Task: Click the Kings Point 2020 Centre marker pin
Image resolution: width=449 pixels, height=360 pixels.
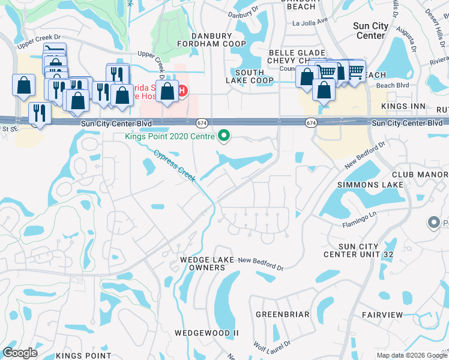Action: [x=224, y=136]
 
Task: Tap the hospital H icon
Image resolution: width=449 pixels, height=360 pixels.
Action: [x=183, y=91]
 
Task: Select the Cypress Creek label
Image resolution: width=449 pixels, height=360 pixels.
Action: [x=175, y=166]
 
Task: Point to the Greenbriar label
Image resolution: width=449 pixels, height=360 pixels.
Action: [x=283, y=314]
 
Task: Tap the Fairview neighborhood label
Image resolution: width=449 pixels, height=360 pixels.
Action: [x=382, y=314]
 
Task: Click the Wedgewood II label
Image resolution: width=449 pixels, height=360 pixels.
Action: [x=206, y=332]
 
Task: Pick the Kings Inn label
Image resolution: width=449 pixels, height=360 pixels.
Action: [x=403, y=106]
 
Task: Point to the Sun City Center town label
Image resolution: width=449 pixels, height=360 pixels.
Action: [x=370, y=31]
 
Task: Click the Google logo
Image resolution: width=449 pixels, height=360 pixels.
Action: [x=20, y=353]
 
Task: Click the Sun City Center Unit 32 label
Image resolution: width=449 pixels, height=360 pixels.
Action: [x=359, y=250]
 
